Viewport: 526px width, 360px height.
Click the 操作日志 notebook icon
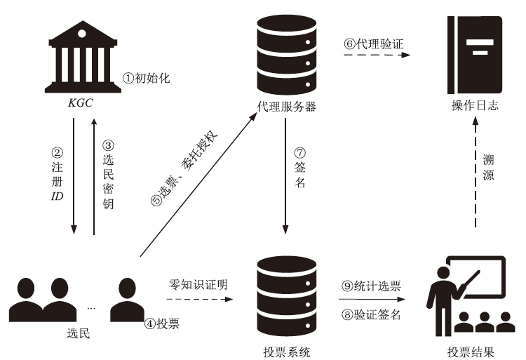click(476, 56)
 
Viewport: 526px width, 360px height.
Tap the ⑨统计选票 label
click(371, 286)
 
